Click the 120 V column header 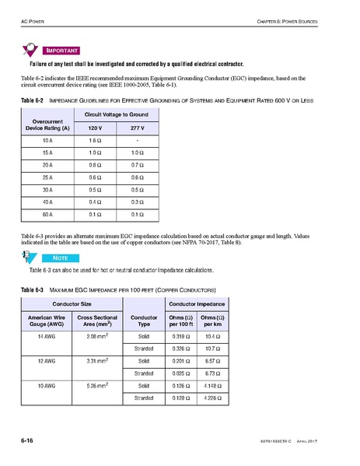point(94,126)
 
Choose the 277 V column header point(139,126)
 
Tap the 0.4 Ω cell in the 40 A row point(94,201)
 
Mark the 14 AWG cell point(46,336)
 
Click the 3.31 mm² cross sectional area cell point(97,361)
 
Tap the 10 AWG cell point(46,386)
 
